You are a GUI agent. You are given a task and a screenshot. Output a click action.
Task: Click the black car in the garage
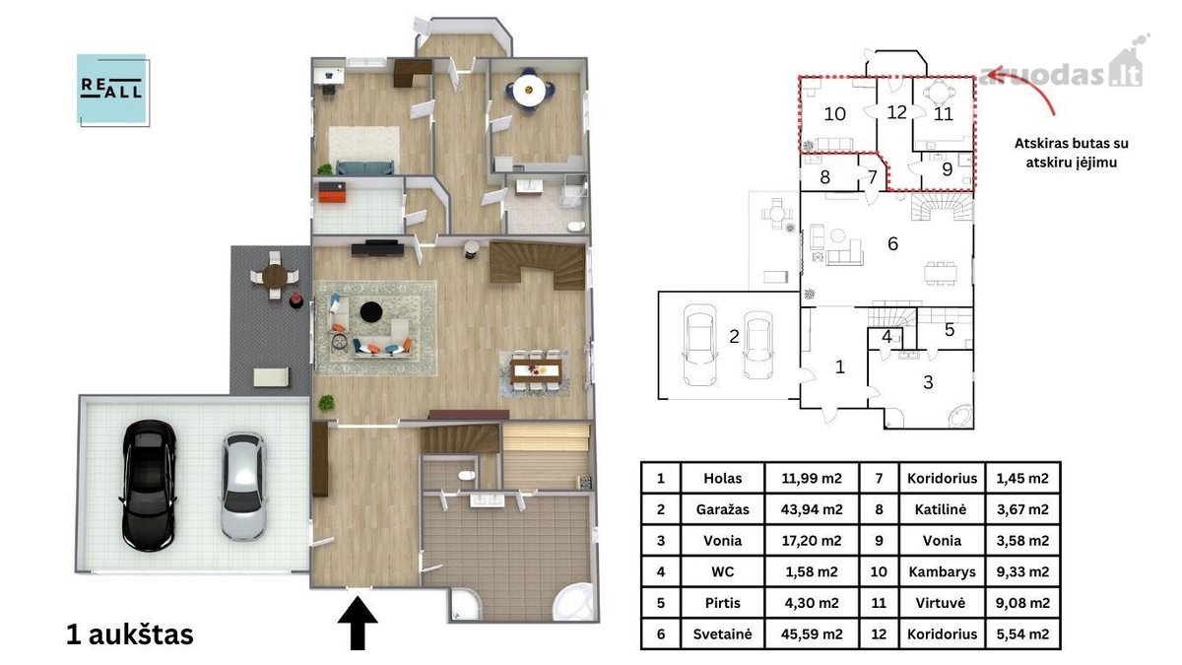149,486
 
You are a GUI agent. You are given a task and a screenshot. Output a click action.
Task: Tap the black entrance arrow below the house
358,624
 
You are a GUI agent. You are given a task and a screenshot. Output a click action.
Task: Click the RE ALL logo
113,90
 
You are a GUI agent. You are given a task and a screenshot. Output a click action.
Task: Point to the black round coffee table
371,311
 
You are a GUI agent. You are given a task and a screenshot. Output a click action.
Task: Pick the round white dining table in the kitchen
529,91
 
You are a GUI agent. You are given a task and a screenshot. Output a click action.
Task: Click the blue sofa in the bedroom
364,167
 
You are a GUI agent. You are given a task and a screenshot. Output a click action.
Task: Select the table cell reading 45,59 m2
812,633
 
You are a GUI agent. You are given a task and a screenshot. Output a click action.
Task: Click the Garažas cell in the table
722,509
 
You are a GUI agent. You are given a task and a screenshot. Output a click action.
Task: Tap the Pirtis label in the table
722,603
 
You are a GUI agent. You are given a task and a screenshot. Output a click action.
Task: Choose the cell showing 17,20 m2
812,541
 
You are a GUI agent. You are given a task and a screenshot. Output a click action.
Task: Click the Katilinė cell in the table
942,509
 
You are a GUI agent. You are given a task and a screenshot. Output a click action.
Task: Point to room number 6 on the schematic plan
892,244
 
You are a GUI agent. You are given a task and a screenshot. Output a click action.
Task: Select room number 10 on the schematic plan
835,114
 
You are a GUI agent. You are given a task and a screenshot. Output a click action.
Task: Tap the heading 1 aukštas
130,634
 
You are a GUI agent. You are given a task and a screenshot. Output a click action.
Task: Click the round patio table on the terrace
275,275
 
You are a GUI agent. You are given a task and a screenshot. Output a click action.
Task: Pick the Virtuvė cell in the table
942,603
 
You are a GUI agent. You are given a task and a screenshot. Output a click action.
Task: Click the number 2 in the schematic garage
734,336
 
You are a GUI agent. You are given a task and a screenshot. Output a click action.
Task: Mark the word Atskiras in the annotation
1036,144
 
